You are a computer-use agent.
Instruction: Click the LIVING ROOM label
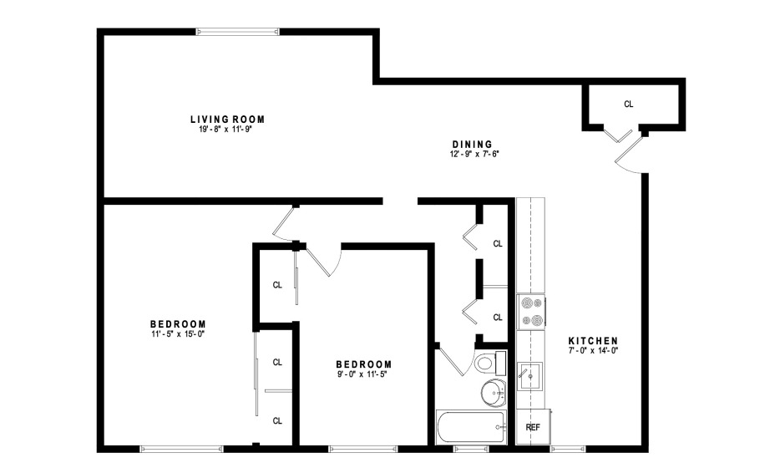click(x=227, y=120)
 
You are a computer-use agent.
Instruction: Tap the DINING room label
click(x=472, y=145)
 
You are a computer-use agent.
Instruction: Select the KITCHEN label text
click(x=593, y=341)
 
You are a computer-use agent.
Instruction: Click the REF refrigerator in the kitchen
click(x=533, y=427)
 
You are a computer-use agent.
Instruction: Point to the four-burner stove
click(x=531, y=312)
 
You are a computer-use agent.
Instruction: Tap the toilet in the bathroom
click(x=490, y=363)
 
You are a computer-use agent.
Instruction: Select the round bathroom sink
click(x=494, y=394)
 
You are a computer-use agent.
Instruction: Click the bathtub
click(x=470, y=427)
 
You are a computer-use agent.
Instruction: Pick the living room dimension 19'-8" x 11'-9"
click(x=226, y=130)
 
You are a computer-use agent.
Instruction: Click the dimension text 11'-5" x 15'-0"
click(x=178, y=334)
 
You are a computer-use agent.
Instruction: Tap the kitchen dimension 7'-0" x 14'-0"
click(x=593, y=350)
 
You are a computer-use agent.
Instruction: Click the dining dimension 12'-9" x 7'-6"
click(x=474, y=155)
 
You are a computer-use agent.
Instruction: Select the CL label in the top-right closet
click(x=629, y=104)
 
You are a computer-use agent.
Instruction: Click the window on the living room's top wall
click(x=237, y=32)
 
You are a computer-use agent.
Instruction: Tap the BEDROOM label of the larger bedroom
click(x=178, y=324)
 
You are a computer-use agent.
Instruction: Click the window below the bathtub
click(x=470, y=449)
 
